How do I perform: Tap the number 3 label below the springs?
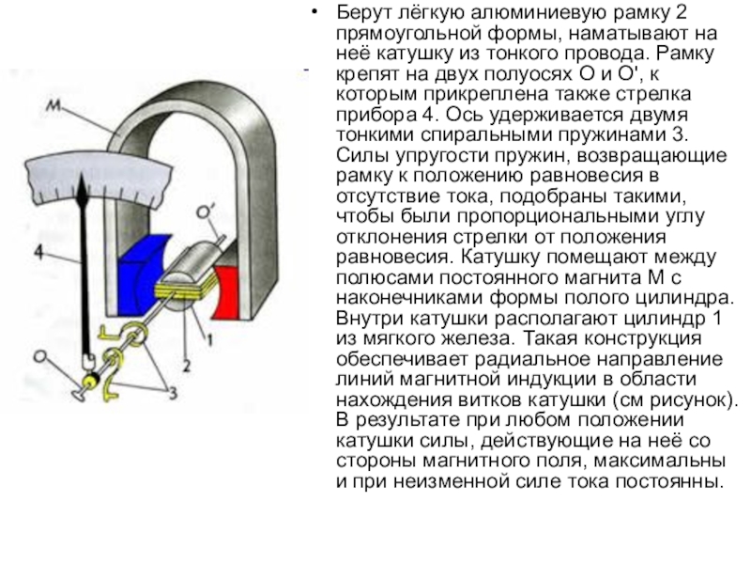[172, 396]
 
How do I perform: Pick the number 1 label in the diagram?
[211, 335]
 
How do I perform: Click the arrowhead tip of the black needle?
[86, 192]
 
